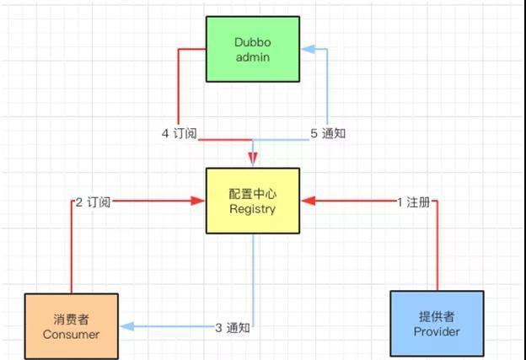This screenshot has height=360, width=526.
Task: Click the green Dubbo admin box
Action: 252,49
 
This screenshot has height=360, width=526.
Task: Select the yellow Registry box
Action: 252,201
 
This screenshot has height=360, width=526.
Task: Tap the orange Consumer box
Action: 72,325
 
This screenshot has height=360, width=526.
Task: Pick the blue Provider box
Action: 437,324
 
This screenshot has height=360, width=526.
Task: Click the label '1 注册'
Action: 413,201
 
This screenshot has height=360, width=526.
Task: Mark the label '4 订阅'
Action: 178,133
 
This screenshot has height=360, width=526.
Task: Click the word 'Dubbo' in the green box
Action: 252,41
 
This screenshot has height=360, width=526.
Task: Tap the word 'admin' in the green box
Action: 252,56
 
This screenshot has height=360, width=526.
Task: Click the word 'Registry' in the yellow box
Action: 252,209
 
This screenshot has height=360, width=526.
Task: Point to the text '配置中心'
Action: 252,194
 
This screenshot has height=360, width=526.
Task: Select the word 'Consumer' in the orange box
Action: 72,334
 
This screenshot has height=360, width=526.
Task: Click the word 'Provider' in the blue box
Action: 437,332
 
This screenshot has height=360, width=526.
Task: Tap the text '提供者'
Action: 437,316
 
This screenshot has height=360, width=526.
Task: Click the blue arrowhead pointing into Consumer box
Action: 126,327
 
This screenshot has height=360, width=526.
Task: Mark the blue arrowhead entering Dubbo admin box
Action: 306,48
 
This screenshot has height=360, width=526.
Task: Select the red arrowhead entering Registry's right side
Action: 305,201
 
